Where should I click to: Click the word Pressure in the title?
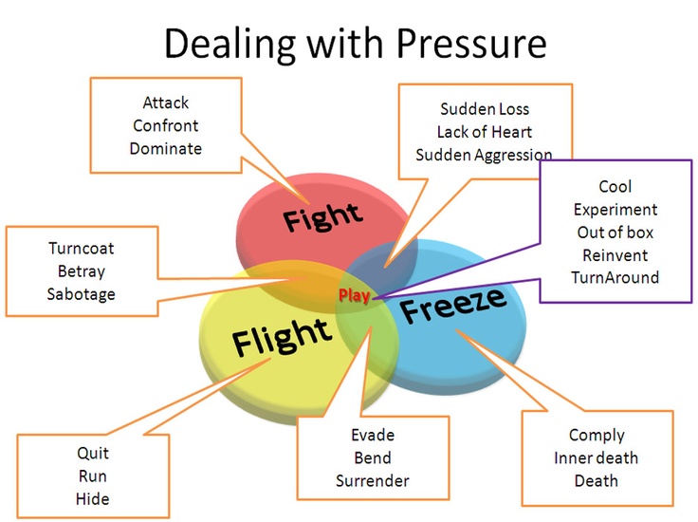coord(471,44)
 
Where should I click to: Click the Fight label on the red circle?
coord(323,217)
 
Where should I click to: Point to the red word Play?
coord(355,295)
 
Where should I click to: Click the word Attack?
coord(166,103)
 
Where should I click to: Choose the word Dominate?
coord(166,148)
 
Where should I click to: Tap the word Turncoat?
coord(82,248)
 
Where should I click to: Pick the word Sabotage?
coord(82,294)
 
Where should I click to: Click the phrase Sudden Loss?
coord(485,109)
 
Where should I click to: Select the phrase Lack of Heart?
coord(485,132)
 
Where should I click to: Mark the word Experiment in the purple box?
coord(615,210)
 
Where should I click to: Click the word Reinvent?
coord(615,255)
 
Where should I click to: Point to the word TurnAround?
coord(615,277)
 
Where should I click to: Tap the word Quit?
coord(93,454)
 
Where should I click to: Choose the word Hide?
coord(93,499)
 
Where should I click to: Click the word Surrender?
coord(373,481)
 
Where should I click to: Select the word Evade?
coord(373,435)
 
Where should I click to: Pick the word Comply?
coord(597,436)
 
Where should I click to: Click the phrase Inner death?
coord(597,457)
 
